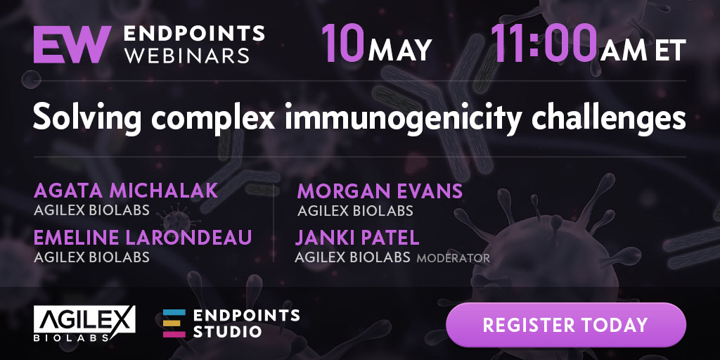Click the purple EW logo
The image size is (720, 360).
click(x=72, y=44)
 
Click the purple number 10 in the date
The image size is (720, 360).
click(x=342, y=43)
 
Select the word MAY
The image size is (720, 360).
click(x=399, y=50)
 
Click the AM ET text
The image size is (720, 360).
click(x=643, y=50)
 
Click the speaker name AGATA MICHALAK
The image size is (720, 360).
click(x=125, y=191)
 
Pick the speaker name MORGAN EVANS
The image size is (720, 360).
click(x=379, y=191)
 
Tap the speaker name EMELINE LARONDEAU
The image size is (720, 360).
click(x=142, y=238)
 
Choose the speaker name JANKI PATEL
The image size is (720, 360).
click(x=356, y=238)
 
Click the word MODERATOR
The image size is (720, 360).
click(x=453, y=259)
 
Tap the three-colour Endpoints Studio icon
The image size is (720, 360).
click(x=174, y=323)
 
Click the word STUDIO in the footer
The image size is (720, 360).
click(x=227, y=331)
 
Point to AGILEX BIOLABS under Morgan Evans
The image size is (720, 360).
click(x=355, y=211)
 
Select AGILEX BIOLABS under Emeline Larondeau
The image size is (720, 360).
click(x=91, y=257)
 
